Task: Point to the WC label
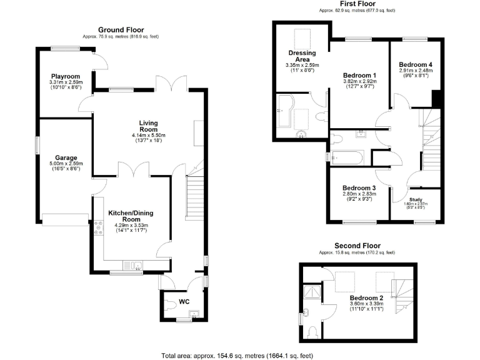(x=184, y=302)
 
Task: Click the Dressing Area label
(x=302, y=56)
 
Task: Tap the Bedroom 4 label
(x=416, y=64)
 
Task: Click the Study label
(x=416, y=199)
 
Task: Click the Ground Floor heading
(x=121, y=29)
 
